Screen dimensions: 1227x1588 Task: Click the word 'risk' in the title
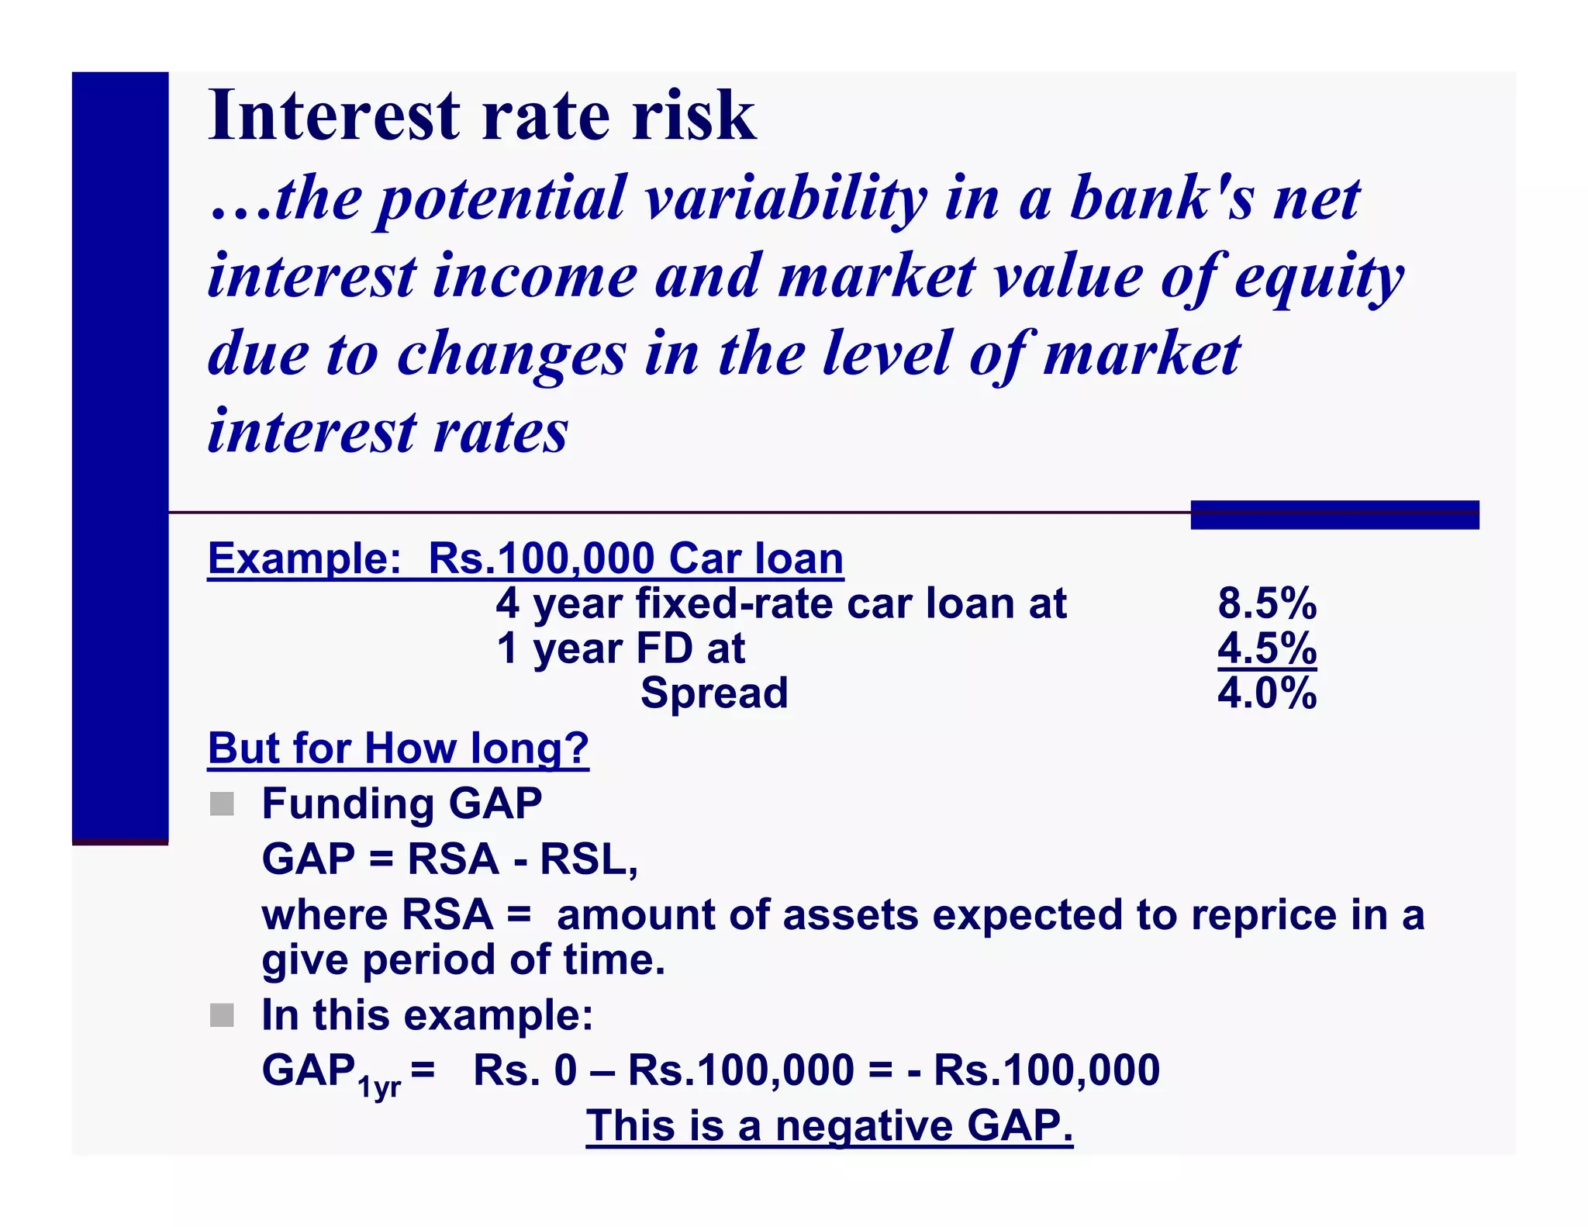tap(693, 116)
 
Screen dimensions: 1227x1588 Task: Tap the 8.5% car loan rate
tap(1266, 603)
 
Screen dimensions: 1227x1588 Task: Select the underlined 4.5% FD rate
tap(1266, 648)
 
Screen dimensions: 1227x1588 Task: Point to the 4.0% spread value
tap(1266, 693)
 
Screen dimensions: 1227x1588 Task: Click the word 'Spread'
tap(713, 693)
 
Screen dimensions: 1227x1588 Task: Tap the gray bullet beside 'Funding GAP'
tap(222, 804)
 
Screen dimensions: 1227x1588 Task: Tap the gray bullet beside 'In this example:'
tap(222, 1015)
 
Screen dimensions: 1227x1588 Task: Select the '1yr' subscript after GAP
tap(379, 1087)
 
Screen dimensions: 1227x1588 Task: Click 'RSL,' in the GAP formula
tap(589, 859)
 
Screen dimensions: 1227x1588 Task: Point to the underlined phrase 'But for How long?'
tap(398, 749)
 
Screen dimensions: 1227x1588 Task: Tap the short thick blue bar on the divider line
tap(1334, 515)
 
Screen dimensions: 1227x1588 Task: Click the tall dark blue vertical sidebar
tap(120, 458)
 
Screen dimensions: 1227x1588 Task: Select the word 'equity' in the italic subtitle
tap(1318, 277)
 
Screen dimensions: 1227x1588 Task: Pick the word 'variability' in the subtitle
tap(785, 199)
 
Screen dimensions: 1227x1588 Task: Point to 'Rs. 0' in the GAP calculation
tap(525, 1071)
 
